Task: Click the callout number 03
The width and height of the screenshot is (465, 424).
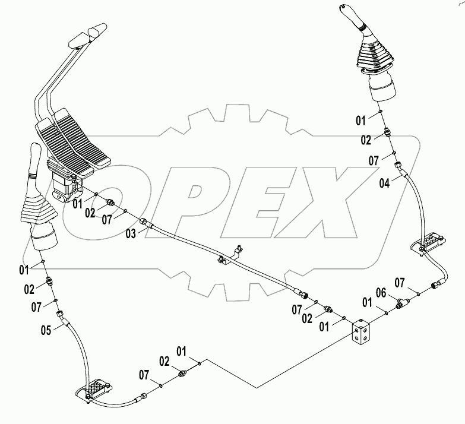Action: (x=130, y=234)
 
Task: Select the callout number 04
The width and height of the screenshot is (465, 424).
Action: (x=385, y=182)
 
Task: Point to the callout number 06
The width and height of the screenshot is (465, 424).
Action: (x=382, y=293)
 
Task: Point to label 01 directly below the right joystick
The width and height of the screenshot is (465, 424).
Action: (x=361, y=121)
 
